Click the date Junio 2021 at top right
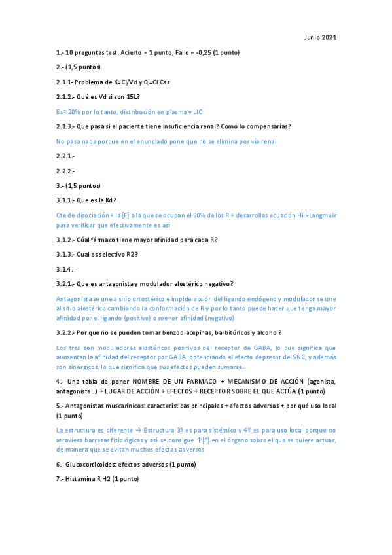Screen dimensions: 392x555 pyautogui.click(x=321, y=37)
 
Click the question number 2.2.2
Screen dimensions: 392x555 pyautogui.click(x=65, y=171)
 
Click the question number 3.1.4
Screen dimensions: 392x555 pyautogui.click(x=65, y=269)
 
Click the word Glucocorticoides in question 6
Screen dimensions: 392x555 pyautogui.click(x=89, y=464)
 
